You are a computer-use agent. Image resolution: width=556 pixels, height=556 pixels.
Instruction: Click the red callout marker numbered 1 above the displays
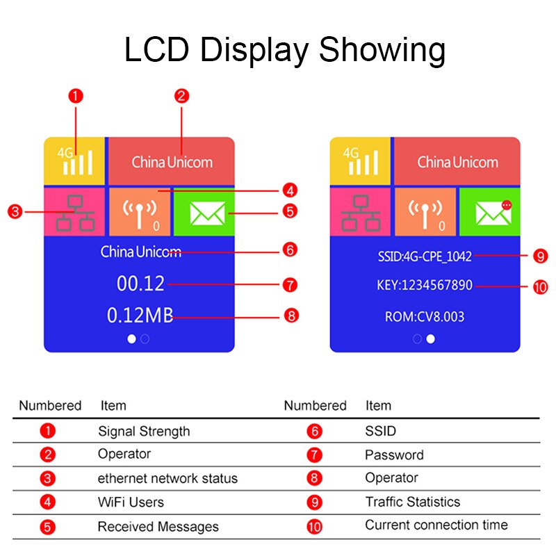(76, 95)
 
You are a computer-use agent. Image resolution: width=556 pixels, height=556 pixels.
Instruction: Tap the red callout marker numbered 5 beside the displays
(291, 211)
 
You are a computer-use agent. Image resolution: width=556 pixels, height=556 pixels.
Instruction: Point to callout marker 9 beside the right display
(541, 256)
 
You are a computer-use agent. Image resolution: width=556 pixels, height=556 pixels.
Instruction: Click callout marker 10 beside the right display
(541, 286)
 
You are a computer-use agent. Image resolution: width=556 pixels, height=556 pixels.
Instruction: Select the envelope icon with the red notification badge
(493, 212)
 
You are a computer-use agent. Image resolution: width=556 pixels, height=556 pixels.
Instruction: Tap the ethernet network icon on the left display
(75, 213)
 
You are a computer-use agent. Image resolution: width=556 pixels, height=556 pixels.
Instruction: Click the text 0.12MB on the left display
(140, 316)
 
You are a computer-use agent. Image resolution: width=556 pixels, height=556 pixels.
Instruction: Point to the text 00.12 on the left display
(140, 284)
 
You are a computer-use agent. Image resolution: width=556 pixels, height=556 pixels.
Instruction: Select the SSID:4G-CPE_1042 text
(425, 256)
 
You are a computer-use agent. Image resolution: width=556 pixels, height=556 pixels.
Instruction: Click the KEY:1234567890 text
(425, 286)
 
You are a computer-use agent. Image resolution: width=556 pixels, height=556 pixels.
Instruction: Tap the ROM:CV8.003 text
(425, 317)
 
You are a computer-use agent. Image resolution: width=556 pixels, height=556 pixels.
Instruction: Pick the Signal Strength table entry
(144, 431)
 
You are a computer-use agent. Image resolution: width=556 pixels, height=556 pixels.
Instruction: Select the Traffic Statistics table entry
(413, 502)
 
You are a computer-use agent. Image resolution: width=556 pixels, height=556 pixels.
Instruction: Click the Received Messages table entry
(158, 526)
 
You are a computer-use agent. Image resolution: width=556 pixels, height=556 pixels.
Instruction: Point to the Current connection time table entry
(436, 525)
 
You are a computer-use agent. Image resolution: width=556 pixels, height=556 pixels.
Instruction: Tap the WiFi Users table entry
(131, 502)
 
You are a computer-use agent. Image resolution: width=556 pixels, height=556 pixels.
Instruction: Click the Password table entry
(394, 455)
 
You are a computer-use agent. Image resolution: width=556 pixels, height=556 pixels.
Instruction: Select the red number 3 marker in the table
(47, 478)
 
